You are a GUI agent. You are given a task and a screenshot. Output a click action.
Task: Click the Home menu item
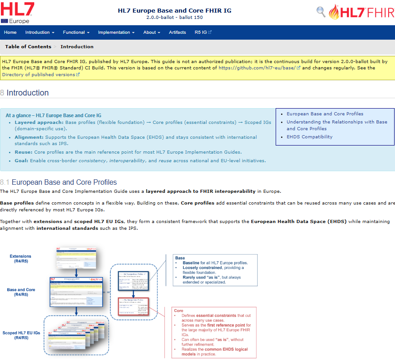click(x=10, y=32)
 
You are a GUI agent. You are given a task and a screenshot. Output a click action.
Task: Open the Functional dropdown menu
click(x=76, y=32)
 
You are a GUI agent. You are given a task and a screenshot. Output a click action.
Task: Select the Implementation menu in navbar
click(x=116, y=32)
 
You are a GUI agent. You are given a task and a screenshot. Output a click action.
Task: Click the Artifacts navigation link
click(x=177, y=32)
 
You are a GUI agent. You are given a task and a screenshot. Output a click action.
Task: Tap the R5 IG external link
click(x=203, y=32)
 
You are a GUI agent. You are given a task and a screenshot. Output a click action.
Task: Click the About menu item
click(x=151, y=32)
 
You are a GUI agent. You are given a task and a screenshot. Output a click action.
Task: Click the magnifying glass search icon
click(x=321, y=11)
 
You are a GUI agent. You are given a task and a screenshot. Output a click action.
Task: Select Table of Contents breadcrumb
click(x=27, y=47)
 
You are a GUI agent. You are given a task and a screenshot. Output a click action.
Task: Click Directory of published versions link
click(x=38, y=75)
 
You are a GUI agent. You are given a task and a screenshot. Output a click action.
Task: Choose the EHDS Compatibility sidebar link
click(x=309, y=137)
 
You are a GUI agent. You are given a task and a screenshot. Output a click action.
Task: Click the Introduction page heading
click(x=27, y=93)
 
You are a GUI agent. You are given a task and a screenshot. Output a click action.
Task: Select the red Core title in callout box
click(x=178, y=311)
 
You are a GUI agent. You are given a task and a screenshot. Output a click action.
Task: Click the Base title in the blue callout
click(x=180, y=258)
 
